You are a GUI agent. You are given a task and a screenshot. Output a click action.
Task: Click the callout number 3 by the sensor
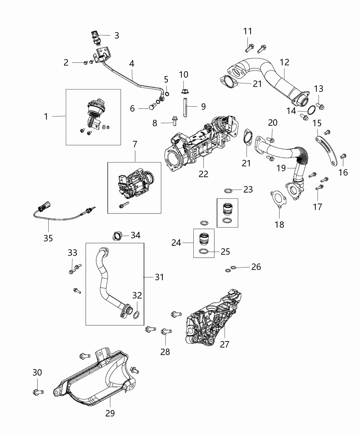(x=117, y=35)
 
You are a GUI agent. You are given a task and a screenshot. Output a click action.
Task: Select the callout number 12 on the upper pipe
(x=284, y=62)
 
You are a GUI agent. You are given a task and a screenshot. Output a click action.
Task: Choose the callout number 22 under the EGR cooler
(x=203, y=174)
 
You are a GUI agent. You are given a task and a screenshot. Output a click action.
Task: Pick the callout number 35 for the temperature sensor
(x=48, y=238)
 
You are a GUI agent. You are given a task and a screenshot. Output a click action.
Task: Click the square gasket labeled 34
(x=117, y=236)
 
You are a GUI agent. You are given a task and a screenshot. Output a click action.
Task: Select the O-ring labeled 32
(x=136, y=314)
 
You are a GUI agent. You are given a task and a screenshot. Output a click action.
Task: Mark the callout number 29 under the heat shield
(x=110, y=413)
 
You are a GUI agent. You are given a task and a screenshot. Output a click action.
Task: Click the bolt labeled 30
(x=37, y=391)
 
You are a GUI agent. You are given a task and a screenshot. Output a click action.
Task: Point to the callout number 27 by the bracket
(x=224, y=344)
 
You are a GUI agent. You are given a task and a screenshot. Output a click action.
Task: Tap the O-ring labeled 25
(x=204, y=252)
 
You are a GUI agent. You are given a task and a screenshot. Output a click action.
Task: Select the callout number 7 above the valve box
(x=135, y=144)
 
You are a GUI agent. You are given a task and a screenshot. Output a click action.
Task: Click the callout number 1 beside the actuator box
(x=46, y=117)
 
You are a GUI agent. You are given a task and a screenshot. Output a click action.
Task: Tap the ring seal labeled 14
(x=312, y=110)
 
